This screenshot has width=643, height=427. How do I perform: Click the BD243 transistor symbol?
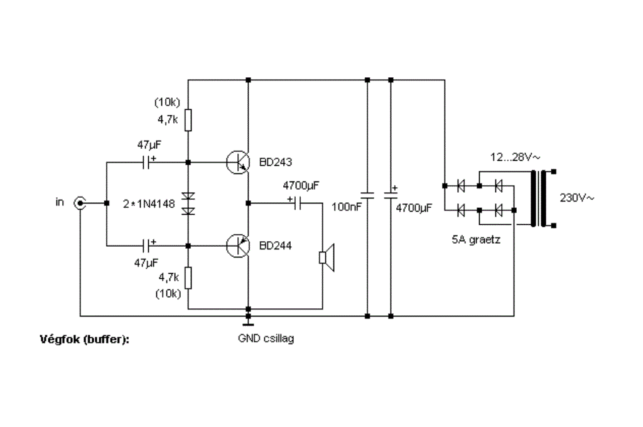click(x=238, y=163)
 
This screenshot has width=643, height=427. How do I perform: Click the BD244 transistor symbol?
click(x=238, y=246)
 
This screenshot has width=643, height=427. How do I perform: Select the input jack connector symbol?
click(x=80, y=203)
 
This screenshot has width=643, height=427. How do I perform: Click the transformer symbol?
click(x=539, y=198)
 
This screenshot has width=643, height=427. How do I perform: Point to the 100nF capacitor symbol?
click(x=367, y=195)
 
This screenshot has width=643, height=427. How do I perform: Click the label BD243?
click(x=276, y=162)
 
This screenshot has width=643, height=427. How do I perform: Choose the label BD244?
click(x=276, y=246)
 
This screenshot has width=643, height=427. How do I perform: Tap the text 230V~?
click(x=576, y=198)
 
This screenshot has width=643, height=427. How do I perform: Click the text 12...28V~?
click(x=515, y=157)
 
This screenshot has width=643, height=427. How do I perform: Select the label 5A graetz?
click(x=476, y=239)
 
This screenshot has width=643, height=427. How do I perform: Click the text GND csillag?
click(x=266, y=338)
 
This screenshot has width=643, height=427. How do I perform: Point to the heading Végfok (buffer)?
click(x=85, y=340)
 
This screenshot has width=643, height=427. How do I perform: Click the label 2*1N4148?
click(x=149, y=204)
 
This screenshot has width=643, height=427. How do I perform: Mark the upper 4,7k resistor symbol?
click(x=188, y=120)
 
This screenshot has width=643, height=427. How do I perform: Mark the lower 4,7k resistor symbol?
click(x=188, y=278)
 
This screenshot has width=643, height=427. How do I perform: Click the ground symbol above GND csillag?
click(x=248, y=320)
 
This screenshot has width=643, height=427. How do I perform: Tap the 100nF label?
click(x=347, y=207)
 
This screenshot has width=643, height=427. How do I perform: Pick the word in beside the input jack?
click(x=60, y=202)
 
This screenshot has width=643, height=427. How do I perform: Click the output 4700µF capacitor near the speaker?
click(x=298, y=203)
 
